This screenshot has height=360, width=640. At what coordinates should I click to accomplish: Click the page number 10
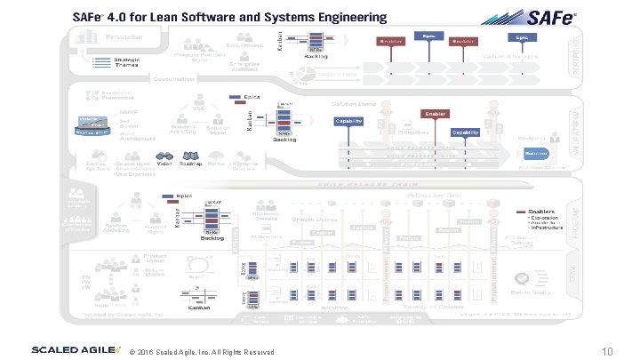pos(609,351)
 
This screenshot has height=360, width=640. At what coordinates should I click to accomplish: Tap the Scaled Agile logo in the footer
pos(76,350)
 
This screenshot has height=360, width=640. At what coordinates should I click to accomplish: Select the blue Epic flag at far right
pos(520,38)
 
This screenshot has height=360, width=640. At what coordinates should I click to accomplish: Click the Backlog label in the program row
pos(212,238)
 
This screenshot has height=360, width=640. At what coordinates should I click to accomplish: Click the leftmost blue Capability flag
pos(348,121)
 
